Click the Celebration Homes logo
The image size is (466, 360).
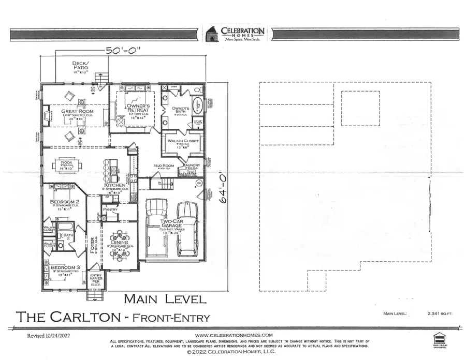(236, 33)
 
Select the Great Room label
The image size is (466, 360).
(77, 111)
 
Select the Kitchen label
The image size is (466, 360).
(115, 185)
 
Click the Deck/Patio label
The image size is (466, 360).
(81, 65)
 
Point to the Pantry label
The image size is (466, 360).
(110, 209)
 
